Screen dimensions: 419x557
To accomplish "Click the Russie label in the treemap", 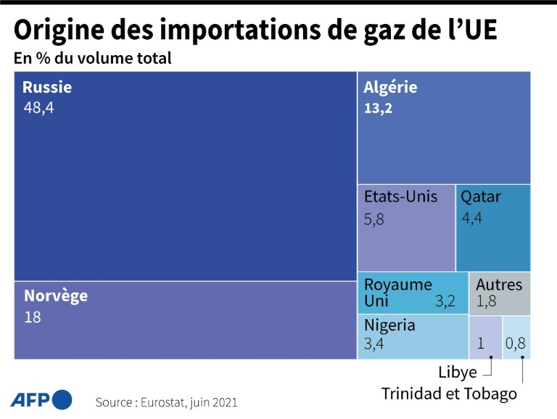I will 47,88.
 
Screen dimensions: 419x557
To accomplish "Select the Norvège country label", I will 56,296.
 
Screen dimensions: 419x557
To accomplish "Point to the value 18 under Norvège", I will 33,317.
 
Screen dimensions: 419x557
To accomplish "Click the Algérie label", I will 390,88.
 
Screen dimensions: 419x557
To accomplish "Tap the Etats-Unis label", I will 400,196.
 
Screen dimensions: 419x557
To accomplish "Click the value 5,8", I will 374,218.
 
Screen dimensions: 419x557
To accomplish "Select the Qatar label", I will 481,196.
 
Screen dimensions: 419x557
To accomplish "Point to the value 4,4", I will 471,218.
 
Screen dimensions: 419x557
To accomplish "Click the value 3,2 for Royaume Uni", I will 445,301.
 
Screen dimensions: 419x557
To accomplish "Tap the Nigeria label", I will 389,325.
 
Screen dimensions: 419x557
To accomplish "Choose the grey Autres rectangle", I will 500,294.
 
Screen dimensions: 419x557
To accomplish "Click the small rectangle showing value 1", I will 485,338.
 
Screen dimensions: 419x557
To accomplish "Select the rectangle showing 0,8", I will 516,338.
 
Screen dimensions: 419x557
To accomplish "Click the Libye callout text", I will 458,373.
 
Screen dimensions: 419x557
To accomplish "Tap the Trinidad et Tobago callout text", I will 450,394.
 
